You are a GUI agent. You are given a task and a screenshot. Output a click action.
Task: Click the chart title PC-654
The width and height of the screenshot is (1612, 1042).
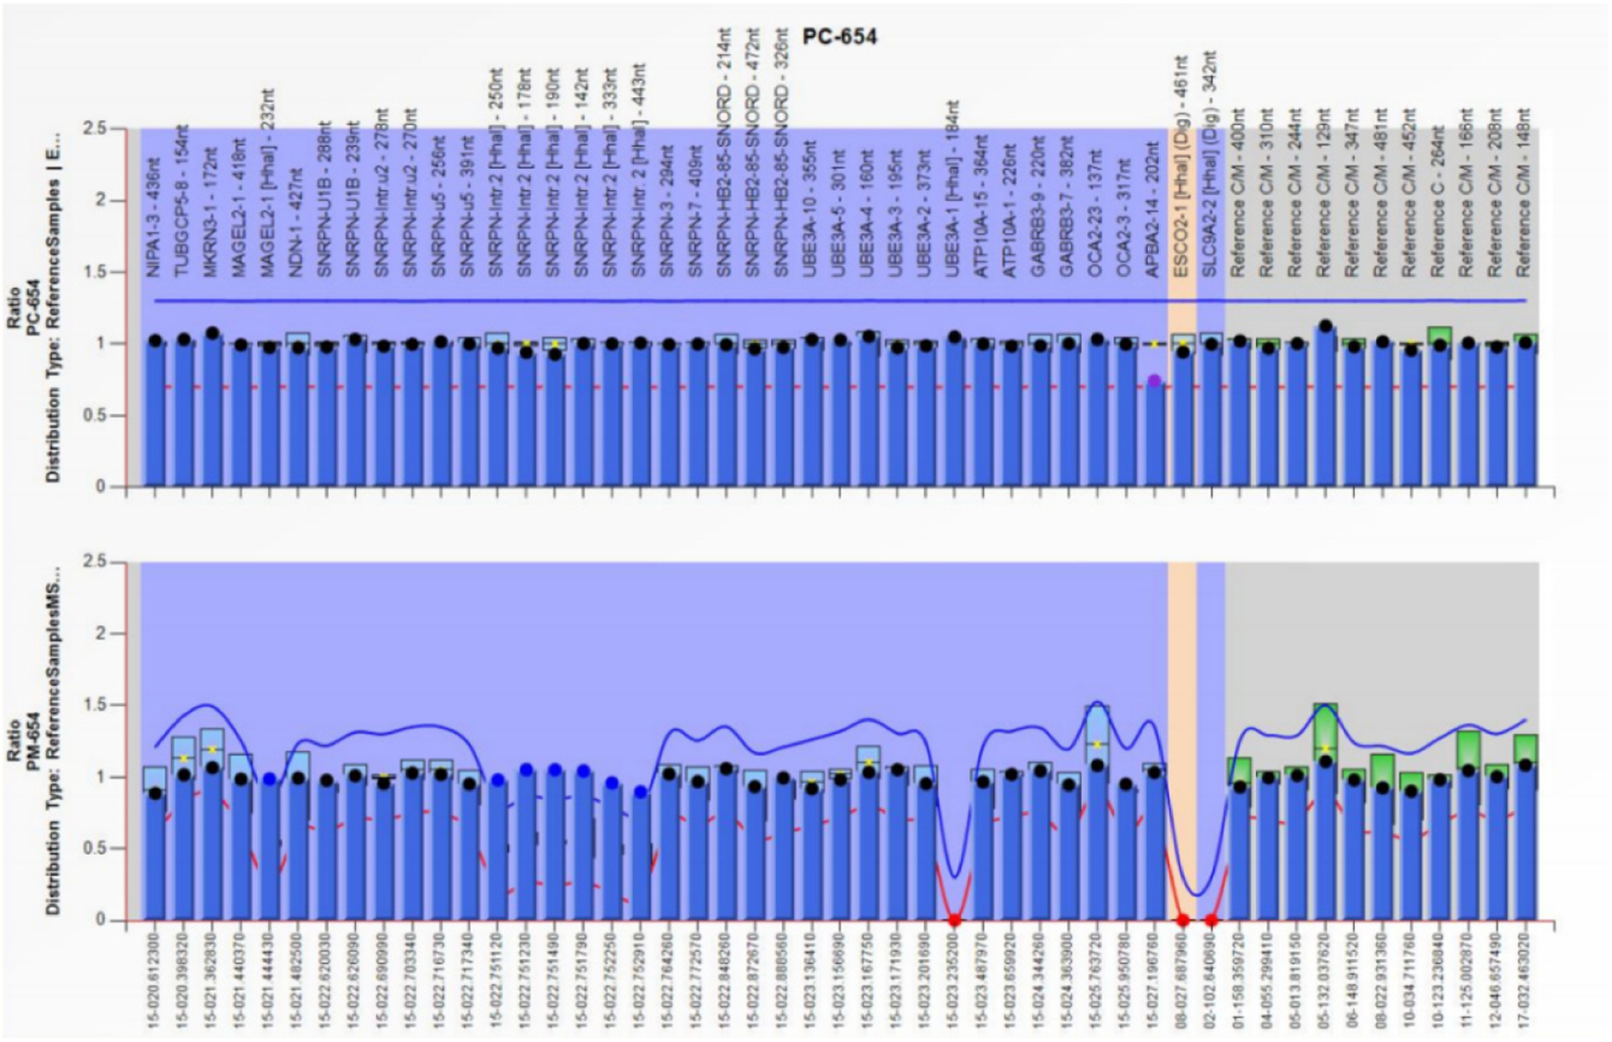[x=839, y=37]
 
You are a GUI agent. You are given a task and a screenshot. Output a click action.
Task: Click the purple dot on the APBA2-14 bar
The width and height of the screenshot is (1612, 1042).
[x=1154, y=381]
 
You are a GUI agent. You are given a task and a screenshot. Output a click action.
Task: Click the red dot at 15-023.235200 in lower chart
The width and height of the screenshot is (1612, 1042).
[x=955, y=921]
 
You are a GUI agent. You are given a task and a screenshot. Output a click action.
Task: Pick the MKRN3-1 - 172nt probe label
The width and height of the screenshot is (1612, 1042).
[x=211, y=212]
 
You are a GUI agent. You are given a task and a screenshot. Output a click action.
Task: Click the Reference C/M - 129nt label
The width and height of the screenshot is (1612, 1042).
[x=1324, y=193]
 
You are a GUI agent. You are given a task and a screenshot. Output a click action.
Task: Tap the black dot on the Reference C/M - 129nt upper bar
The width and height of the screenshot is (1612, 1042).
[x=1325, y=327]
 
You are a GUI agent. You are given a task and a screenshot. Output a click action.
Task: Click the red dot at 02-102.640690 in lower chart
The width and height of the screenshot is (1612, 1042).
[x=1211, y=921]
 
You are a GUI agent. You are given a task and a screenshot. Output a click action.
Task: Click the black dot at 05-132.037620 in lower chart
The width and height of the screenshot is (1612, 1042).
[x=1325, y=762]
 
